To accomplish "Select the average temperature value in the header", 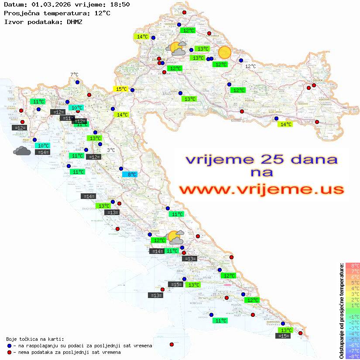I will click(x=102, y=13).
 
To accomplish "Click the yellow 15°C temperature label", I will click(x=121, y=89).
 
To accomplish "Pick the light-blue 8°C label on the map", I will click(x=130, y=175).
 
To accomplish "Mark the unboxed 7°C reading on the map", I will click(x=74, y=75).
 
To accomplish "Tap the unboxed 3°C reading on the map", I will click(x=111, y=150).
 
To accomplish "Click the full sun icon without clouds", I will click(x=224, y=52).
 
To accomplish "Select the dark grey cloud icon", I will click(x=22, y=151).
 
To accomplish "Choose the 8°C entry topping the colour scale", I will click(x=353, y=265).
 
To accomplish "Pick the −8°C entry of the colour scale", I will click(x=353, y=356).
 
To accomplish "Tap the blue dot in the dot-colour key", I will click(x=9, y=346).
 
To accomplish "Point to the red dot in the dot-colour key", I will click(x=9, y=352).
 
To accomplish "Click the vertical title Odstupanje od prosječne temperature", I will click(x=341, y=311).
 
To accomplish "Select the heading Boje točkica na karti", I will click(x=35, y=339).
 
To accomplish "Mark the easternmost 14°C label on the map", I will click(x=285, y=124).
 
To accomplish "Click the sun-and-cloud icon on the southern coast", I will click(x=176, y=237).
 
